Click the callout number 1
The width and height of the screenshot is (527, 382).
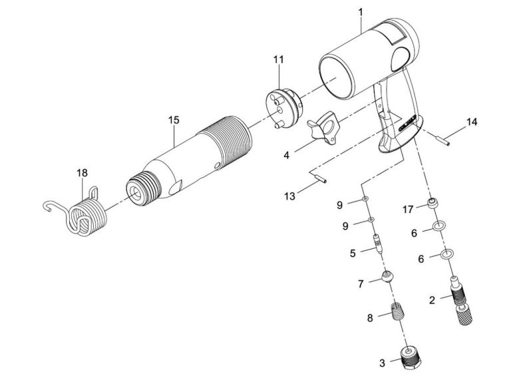(x=360, y=11)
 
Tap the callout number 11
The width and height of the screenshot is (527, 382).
(x=278, y=60)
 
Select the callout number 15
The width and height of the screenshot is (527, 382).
(x=174, y=120)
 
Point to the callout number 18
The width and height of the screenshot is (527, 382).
(x=82, y=173)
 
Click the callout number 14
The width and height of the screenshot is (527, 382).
(x=472, y=122)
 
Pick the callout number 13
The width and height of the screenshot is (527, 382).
(x=289, y=196)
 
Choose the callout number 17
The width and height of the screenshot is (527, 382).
(x=409, y=209)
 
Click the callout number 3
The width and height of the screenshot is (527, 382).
(x=383, y=363)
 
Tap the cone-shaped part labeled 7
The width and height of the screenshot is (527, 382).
(x=387, y=276)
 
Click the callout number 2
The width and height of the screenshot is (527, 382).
(x=432, y=300)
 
